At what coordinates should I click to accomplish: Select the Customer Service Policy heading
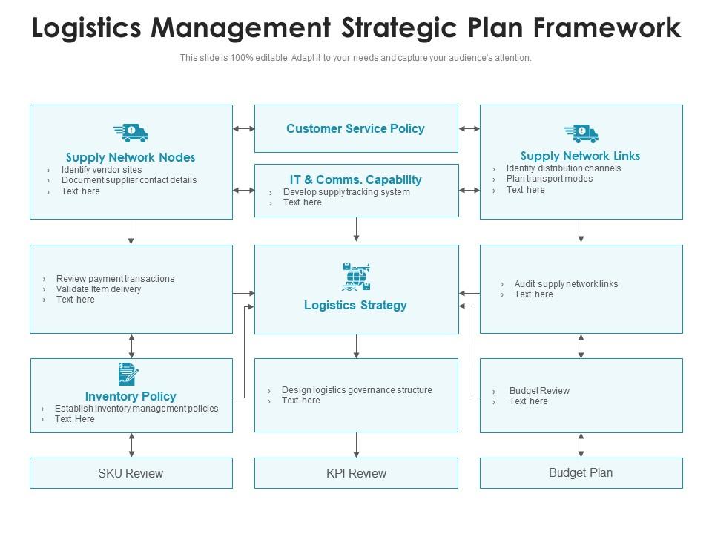(x=355, y=129)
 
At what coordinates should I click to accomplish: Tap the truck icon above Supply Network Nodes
(x=131, y=133)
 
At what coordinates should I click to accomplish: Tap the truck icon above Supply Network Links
(x=581, y=133)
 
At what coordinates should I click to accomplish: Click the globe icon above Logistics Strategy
(x=356, y=277)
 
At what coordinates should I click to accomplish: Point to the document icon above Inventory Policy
(x=128, y=374)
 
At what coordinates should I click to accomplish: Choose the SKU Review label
(x=131, y=473)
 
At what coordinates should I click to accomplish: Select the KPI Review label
(x=356, y=473)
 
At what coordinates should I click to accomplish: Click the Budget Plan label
(x=581, y=472)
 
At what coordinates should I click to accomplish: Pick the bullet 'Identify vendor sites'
(x=102, y=170)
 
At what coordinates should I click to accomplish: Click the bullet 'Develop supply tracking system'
(x=346, y=192)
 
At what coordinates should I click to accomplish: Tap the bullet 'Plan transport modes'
(x=550, y=179)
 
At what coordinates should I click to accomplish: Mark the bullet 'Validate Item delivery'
(x=99, y=289)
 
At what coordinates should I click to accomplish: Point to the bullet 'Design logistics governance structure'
(x=357, y=390)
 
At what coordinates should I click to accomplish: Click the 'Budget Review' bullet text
(x=539, y=391)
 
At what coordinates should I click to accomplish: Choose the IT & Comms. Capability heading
(x=355, y=179)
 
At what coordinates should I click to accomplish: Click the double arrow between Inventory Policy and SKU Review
(x=131, y=445)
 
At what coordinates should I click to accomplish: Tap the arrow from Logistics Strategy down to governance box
(x=357, y=346)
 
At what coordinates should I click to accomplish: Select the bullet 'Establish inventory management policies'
(x=136, y=409)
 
